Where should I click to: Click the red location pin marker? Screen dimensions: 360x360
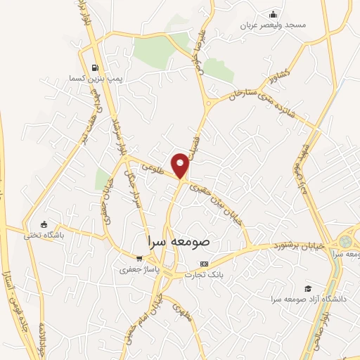pos(181,165)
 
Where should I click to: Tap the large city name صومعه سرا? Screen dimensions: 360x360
pos(181,240)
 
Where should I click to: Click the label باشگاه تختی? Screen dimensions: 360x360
pos(44,235)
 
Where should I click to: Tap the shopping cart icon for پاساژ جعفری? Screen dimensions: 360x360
pos(139,257)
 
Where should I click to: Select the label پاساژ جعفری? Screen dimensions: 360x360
pos(134,269)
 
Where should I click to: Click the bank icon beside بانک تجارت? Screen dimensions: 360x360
pos(204,264)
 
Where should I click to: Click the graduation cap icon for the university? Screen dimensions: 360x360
pos(307,288)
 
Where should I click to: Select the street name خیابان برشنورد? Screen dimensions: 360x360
pos(299,245)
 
